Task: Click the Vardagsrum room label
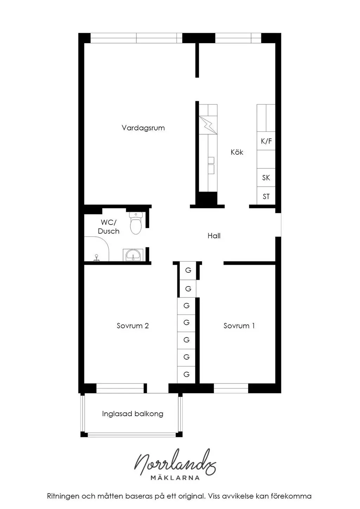click(143, 128)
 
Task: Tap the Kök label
click(237, 152)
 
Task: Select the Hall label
click(214, 236)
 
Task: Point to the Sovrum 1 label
click(239, 326)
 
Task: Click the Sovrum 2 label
click(133, 326)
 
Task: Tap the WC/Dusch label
click(109, 226)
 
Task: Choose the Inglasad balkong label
click(133, 414)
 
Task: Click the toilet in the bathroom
click(136, 223)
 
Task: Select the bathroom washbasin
click(133, 255)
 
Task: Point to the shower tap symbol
click(97, 258)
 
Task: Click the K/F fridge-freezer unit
click(266, 141)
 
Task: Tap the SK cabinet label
click(266, 178)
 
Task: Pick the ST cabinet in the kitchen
click(266, 196)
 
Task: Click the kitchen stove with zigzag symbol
click(208, 125)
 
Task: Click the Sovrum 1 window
click(231, 388)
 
